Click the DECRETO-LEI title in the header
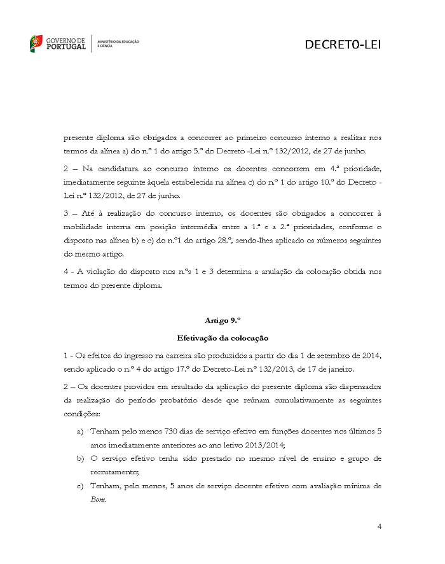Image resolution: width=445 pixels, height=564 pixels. click(343, 45)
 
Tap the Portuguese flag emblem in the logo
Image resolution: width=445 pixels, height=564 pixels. click(36, 44)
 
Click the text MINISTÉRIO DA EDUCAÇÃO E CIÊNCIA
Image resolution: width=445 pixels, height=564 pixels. click(118, 44)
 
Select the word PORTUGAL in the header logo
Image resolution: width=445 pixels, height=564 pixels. click(67, 47)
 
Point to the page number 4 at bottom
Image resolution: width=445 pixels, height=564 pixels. click(379, 526)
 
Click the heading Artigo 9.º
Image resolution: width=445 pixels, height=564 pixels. click(222, 320)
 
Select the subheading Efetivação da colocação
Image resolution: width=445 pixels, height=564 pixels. click(222, 337)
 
